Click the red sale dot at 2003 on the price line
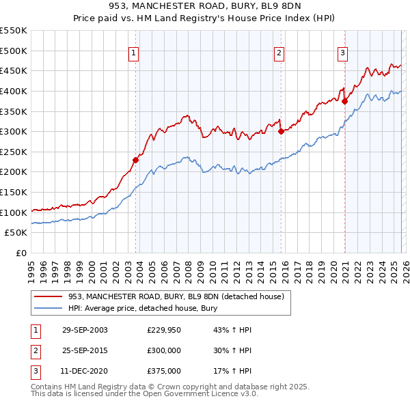(x=135, y=160)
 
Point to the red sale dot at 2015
(x=281, y=132)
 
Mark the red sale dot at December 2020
(x=344, y=101)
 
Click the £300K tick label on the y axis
(x=14, y=131)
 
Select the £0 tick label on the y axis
(x=20, y=253)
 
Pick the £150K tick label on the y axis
(x=14, y=193)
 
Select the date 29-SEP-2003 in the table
(x=85, y=330)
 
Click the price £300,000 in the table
(x=164, y=350)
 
